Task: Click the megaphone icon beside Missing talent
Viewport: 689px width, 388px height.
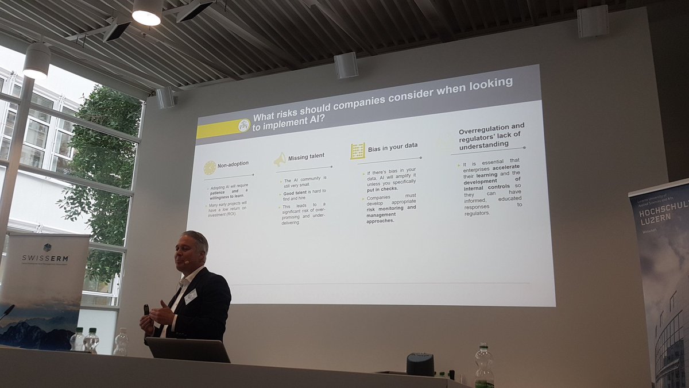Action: click(x=280, y=159)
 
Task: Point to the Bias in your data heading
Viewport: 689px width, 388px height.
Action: click(x=393, y=148)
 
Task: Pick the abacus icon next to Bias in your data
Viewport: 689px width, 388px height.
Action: click(x=358, y=151)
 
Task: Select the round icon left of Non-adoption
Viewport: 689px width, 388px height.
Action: click(x=210, y=167)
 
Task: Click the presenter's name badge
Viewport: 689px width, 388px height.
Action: click(x=191, y=297)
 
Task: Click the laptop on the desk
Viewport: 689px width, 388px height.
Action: click(x=187, y=349)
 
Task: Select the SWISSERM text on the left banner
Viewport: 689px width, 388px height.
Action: click(x=45, y=258)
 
